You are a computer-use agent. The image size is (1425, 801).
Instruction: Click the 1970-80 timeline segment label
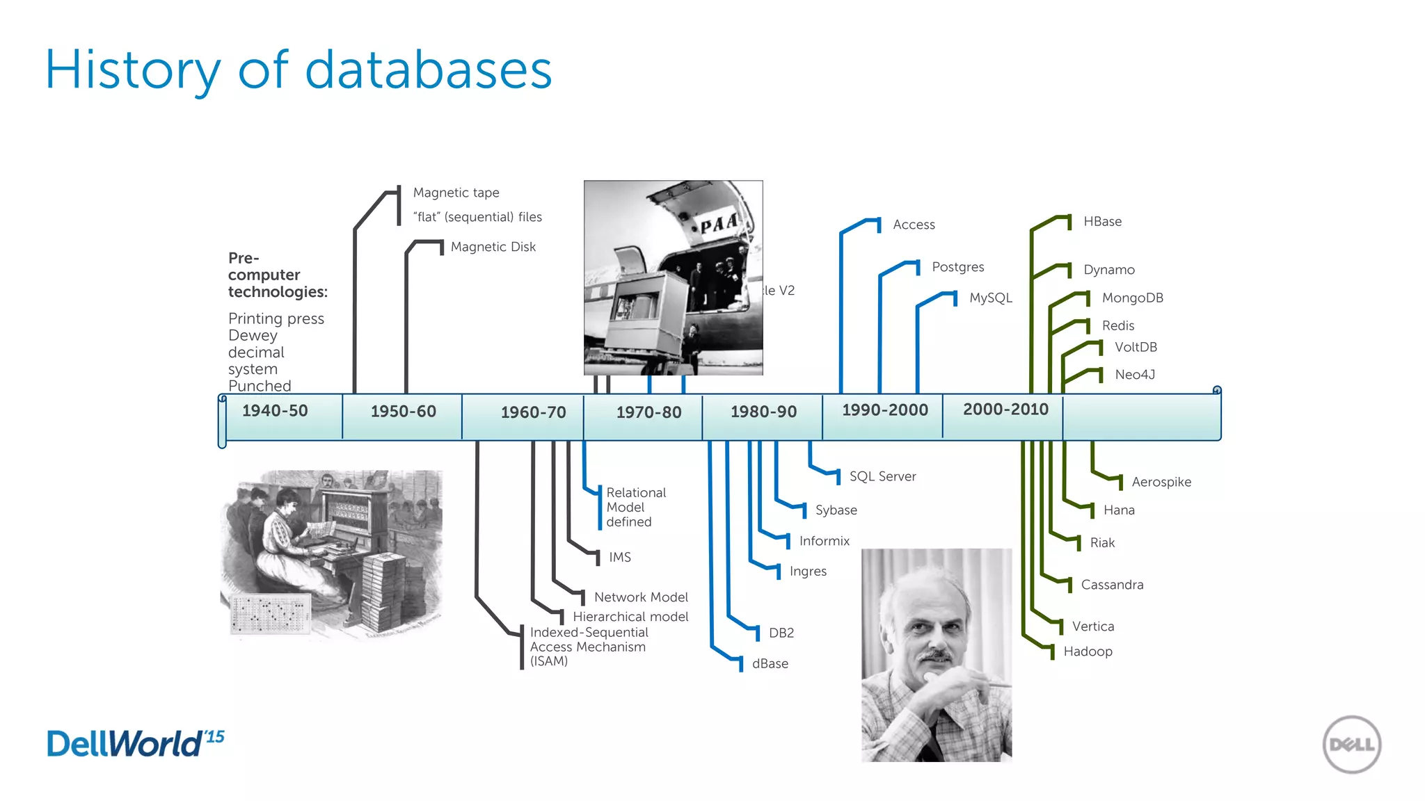point(648,412)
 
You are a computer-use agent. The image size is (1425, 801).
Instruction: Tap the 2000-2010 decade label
point(1005,410)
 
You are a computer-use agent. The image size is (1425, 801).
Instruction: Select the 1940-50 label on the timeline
point(275,411)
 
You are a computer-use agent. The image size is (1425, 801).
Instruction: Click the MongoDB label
point(1132,298)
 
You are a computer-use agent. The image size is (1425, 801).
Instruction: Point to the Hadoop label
point(1088,652)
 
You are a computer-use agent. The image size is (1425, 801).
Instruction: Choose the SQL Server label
point(882,476)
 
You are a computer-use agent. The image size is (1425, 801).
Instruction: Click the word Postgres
point(957,267)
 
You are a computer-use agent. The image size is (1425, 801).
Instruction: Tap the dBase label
point(770,663)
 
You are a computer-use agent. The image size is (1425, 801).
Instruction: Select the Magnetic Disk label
point(493,247)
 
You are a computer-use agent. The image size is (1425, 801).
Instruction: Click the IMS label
point(619,557)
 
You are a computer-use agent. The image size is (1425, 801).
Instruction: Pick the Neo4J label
point(1134,375)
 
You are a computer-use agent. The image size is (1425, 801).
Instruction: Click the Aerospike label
point(1161,482)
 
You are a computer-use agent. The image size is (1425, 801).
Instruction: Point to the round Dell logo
point(1351,744)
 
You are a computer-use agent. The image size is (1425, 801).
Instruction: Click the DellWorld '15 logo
point(136,743)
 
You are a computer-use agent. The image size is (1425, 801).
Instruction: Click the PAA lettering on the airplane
point(718,224)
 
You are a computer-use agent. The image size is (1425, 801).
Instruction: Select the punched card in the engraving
point(270,615)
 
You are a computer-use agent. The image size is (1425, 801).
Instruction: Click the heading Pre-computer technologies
point(277,275)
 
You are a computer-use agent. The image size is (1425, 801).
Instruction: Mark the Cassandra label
point(1111,585)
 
